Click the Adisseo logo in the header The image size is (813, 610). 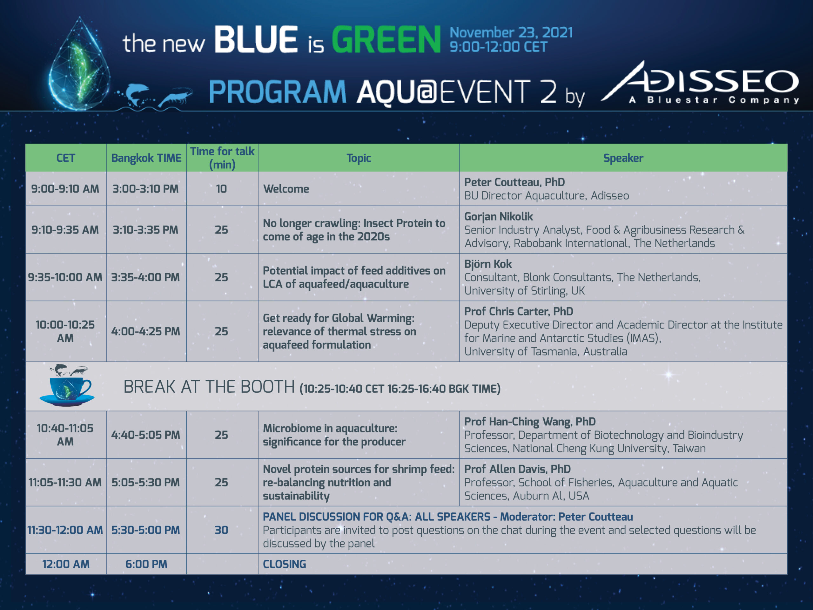pyautogui.click(x=700, y=82)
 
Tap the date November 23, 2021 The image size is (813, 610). pyautogui.click(x=511, y=32)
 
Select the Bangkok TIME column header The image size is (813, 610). pyautogui.click(x=146, y=158)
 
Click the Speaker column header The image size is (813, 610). pyautogui.click(x=623, y=158)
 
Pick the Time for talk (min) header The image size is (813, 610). pyautogui.click(x=222, y=158)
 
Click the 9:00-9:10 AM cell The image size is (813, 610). pyautogui.click(x=65, y=189)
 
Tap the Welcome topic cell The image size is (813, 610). pyautogui.click(x=286, y=189)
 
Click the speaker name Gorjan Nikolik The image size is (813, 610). pyautogui.click(x=498, y=216)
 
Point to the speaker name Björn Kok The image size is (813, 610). pyautogui.click(x=488, y=264)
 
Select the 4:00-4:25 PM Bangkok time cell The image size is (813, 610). pyautogui.click(x=145, y=331)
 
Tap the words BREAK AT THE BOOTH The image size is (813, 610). pyautogui.click(x=209, y=387)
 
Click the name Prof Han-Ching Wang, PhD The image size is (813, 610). pyautogui.click(x=530, y=421)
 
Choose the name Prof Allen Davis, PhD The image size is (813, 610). pyautogui.click(x=518, y=469)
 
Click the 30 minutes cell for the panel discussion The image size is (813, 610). pyautogui.click(x=221, y=530)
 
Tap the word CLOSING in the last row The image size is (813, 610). pyautogui.click(x=285, y=564)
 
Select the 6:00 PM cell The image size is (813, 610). pyautogui.click(x=146, y=564)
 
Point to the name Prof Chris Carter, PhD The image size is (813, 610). pyautogui.click(x=519, y=311)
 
